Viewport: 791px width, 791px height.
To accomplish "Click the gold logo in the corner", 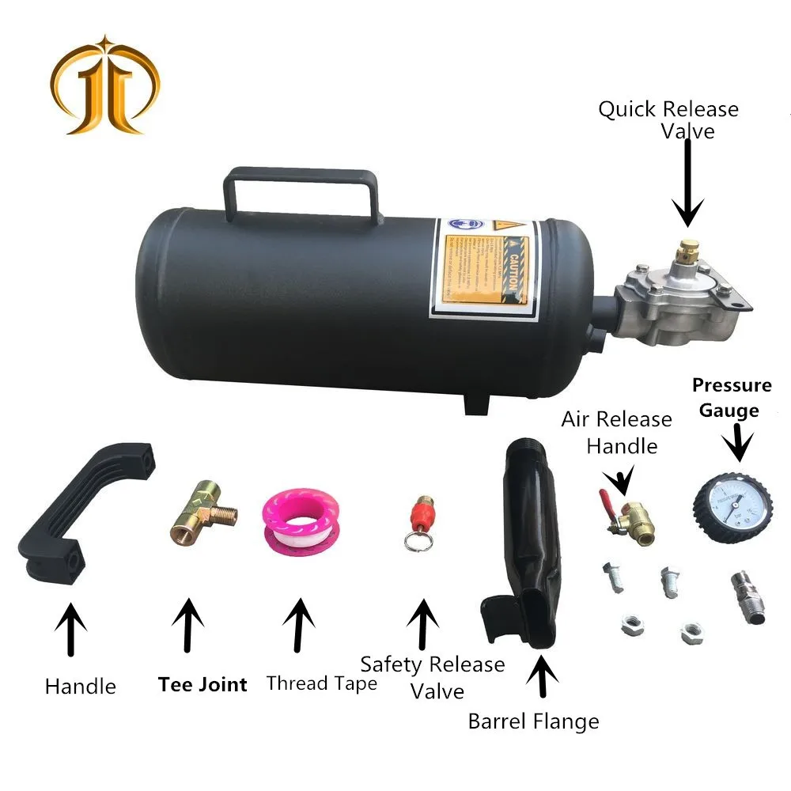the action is (x=105, y=83).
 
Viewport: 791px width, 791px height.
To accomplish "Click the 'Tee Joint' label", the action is (x=202, y=684).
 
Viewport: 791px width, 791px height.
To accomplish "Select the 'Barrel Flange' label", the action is (x=533, y=721).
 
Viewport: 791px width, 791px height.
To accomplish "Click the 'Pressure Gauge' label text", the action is (x=732, y=397).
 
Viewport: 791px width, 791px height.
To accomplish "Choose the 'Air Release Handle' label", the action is (x=616, y=432).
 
